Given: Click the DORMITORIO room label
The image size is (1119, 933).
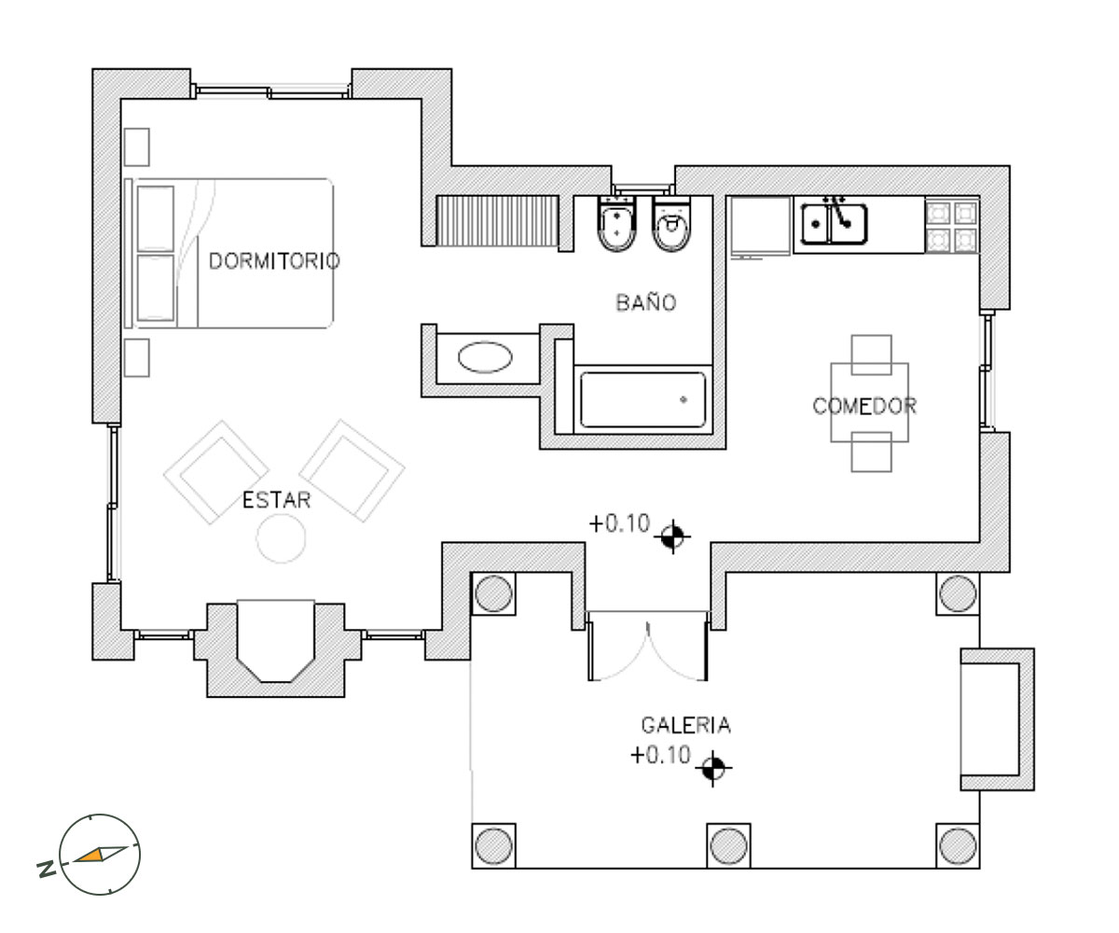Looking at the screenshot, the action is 274,260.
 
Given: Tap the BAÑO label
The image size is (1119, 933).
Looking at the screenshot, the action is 646,302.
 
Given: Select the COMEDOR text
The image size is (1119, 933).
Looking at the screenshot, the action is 863,406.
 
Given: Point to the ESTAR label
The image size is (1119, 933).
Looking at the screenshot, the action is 276,500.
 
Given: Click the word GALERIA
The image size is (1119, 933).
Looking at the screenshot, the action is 685,725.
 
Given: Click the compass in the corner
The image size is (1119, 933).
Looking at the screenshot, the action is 100,855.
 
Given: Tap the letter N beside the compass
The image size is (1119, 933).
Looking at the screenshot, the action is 47,869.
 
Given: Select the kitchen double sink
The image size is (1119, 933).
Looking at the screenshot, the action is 834,224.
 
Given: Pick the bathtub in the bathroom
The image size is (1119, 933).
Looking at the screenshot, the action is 642,399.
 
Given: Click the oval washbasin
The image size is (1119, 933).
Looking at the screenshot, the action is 485,356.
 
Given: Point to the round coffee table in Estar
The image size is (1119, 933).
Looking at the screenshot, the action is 281,538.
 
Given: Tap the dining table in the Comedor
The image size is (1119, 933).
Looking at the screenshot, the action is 869,403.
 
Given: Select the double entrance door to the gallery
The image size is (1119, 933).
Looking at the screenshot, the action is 648,647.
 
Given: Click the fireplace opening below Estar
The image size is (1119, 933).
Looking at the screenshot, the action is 275,641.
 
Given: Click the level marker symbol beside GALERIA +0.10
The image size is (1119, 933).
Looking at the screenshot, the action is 712,768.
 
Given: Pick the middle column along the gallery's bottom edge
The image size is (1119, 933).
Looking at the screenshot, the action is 728,845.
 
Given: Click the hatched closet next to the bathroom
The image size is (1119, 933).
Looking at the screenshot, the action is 497,221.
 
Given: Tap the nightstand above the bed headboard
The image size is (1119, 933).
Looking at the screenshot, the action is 137,146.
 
